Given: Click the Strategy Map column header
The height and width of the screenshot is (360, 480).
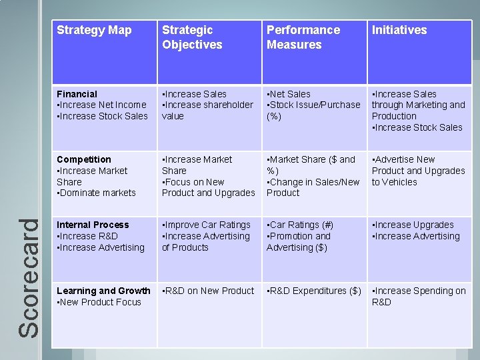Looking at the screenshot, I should point(94,30).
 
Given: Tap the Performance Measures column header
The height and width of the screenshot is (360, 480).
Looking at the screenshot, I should point(303,37).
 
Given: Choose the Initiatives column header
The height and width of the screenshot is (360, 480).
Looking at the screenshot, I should point(399,30).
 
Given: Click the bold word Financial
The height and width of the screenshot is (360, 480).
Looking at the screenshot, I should point(77,94).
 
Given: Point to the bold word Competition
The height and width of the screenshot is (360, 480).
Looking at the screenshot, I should point(84,159).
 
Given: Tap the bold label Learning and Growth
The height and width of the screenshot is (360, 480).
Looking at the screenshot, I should point(103,291).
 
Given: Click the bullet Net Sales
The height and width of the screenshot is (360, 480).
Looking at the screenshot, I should point(289,94).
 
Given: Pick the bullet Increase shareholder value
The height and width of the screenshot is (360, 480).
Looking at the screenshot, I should point(207,110).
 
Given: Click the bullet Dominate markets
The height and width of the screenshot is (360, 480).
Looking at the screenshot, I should point(97,193).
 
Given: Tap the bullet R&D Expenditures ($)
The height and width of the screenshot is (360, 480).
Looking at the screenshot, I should point(314,291).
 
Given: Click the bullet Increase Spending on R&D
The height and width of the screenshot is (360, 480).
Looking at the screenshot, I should point(419,296).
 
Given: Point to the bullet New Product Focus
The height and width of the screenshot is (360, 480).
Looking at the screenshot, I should point(100,302).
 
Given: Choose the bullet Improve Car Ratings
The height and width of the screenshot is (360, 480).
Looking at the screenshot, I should point(207,225).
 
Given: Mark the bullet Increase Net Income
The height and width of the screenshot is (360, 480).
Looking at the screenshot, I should point(102,105).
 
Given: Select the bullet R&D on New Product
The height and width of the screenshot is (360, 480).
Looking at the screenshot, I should point(209,291).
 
